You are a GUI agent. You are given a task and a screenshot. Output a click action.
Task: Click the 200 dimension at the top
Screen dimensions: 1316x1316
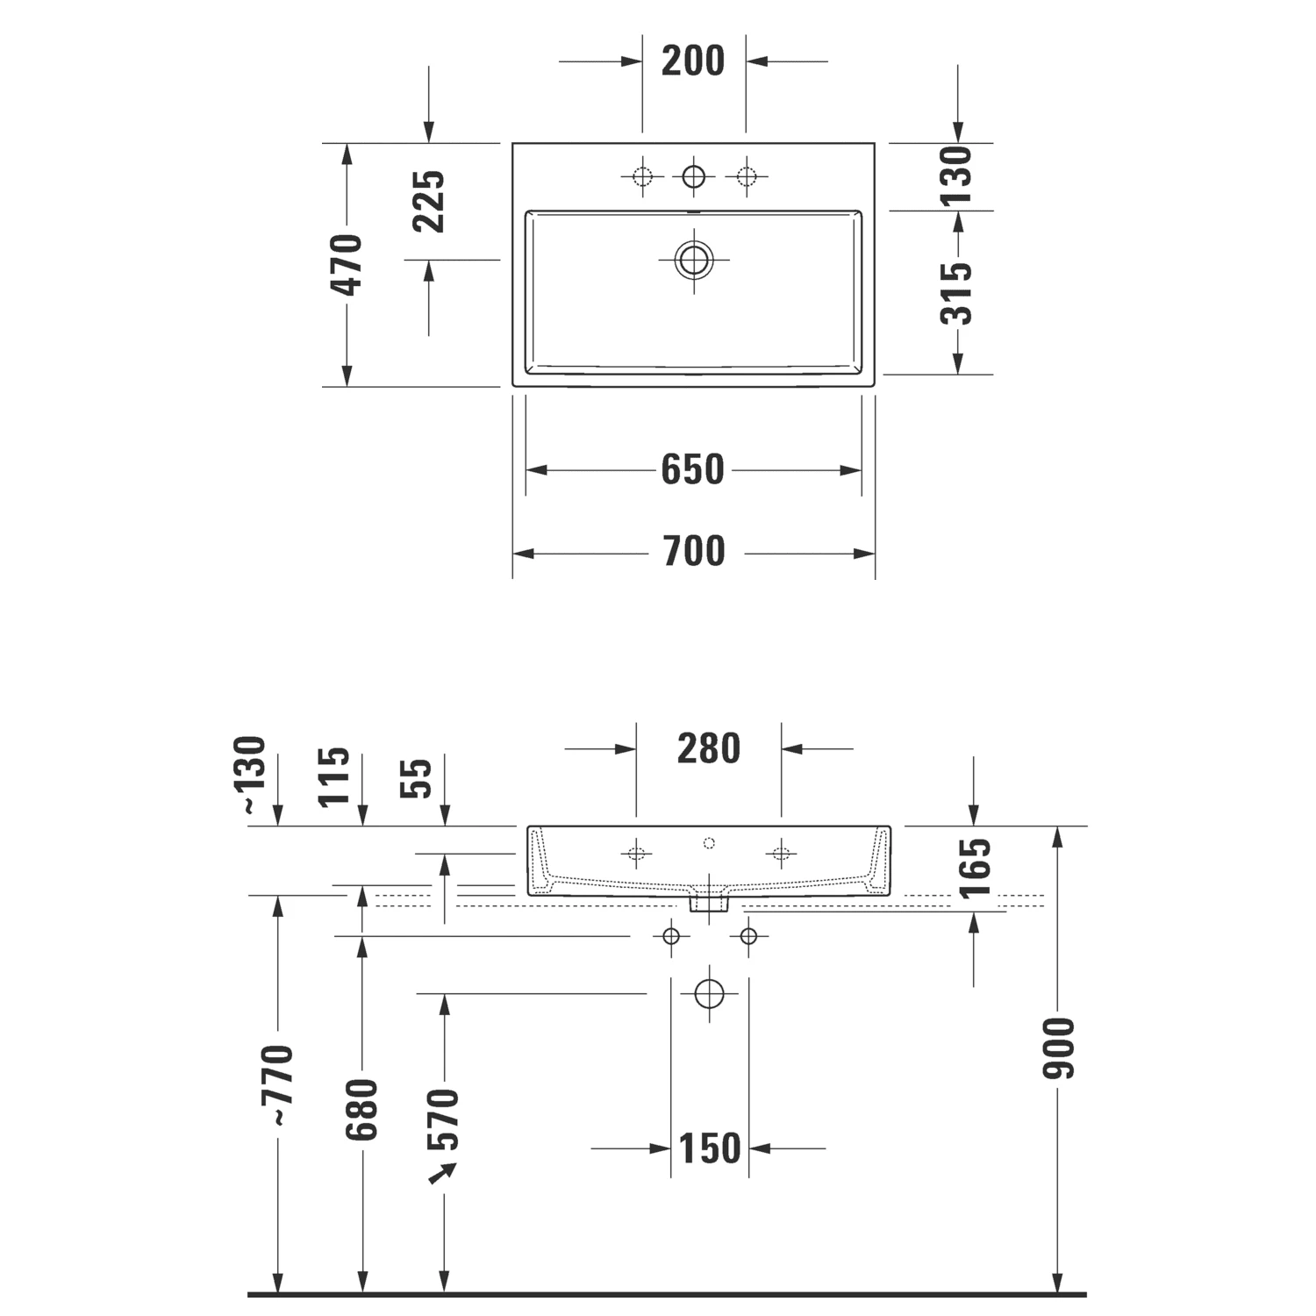click(693, 61)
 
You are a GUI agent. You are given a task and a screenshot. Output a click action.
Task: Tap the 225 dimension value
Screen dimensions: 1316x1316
click(430, 201)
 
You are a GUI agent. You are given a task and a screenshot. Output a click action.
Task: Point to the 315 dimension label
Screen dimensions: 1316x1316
click(957, 293)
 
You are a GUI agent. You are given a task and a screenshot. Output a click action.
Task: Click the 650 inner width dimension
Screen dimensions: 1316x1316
click(693, 469)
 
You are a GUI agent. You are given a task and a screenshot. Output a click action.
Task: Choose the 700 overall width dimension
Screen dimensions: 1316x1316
click(693, 551)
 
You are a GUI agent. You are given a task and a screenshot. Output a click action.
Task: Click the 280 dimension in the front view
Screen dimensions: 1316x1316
click(709, 748)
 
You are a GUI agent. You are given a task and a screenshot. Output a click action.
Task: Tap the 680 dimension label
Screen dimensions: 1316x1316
click(361, 1109)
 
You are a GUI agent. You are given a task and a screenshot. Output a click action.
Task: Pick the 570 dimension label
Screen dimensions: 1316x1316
click(443, 1119)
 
